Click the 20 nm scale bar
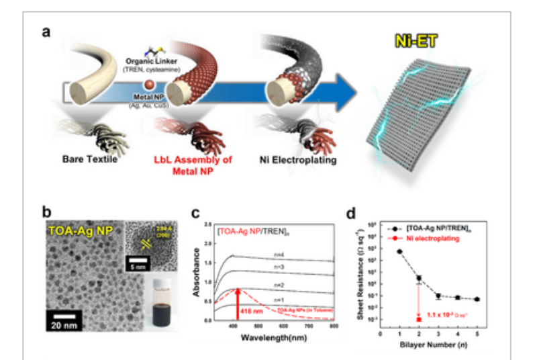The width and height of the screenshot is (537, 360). [64, 314]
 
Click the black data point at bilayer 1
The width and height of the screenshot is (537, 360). [399, 251]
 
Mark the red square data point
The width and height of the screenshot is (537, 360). [419, 319]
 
